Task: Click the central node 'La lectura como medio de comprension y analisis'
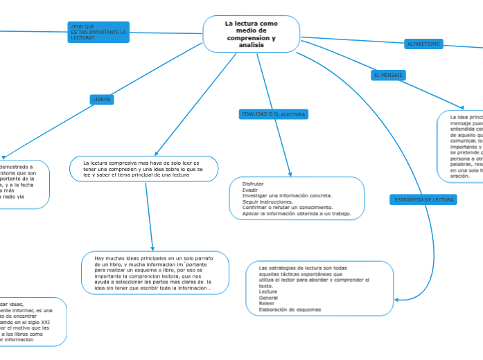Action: [x=251, y=34]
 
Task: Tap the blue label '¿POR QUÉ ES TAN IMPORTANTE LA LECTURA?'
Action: [x=98, y=32]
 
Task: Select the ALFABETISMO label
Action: [x=423, y=44]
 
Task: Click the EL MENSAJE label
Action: [x=388, y=75]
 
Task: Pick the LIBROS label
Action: [x=102, y=100]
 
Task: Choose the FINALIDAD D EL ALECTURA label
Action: [x=273, y=114]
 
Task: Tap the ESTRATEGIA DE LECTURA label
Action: [x=423, y=199]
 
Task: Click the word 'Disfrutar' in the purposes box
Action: [x=254, y=183]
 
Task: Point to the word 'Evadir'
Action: [x=250, y=190]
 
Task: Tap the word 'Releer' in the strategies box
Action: [x=267, y=303]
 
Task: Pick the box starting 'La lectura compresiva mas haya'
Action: [x=144, y=169]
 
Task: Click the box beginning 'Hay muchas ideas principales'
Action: [x=155, y=273]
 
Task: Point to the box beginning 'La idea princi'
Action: [x=460, y=146]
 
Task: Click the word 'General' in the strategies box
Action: [x=268, y=298]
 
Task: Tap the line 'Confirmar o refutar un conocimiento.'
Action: [x=288, y=208]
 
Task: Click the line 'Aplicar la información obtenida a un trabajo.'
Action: [x=297, y=214]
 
